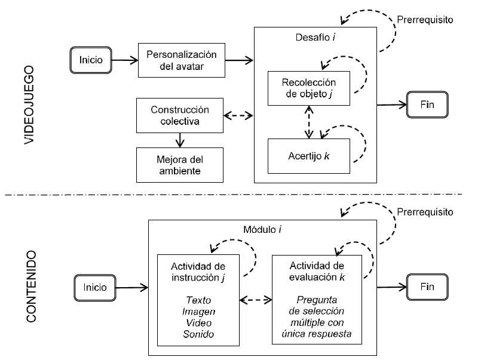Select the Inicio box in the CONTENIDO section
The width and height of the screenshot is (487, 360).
pos(91,286)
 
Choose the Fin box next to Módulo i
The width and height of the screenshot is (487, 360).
pos(427,286)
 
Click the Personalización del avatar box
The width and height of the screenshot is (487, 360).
pos(181,60)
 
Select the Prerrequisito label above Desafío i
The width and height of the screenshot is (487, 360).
pos(425,19)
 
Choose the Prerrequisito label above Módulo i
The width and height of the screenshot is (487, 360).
pos(425,212)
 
